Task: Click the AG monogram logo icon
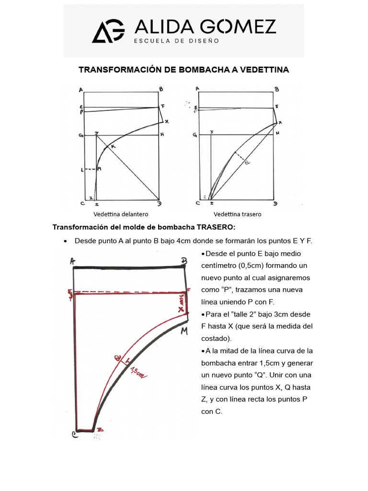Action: (108, 32)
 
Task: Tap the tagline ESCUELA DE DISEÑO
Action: (176, 41)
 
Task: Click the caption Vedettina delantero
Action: (121, 214)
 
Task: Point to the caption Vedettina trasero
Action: (238, 214)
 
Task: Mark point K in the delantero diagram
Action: (114, 146)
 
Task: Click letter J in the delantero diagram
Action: (97, 132)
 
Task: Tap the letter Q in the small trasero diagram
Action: (248, 163)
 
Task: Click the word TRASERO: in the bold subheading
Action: (217, 227)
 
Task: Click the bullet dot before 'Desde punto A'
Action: (65, 241)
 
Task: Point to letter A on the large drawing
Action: (72, 261)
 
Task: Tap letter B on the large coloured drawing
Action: (183, 261)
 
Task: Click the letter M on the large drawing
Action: (184, 331)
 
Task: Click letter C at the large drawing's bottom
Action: (75, 434)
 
